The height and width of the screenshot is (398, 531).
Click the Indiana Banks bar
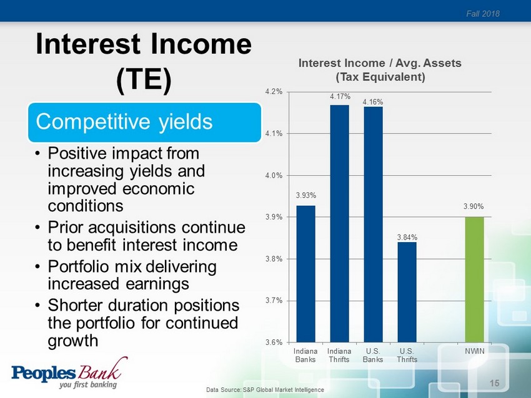coord(306,274)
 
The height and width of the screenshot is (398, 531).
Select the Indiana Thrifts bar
coord(340,223)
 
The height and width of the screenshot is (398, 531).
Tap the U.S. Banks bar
coord(373,225)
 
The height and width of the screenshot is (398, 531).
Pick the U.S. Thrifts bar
coord(407,292)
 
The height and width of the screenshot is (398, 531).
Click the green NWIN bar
coord(474,279)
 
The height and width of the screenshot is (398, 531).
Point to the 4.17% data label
coord(340,97)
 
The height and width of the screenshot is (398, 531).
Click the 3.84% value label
coord(407,238)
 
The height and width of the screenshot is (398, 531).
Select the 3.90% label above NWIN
coord(474,206)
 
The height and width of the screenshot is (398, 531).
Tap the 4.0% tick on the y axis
coord(274,175)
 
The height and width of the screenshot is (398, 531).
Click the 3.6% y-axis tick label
coord(274,342)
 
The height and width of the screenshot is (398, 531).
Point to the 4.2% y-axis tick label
coord(274,92)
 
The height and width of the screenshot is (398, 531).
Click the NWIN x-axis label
coord(474,351)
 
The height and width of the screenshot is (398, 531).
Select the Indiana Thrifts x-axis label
coord(339,355)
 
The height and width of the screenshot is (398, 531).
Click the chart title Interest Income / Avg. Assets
coord(380,63)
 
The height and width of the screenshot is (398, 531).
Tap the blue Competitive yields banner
coord(144,122)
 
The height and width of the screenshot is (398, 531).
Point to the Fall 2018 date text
coord(482,14)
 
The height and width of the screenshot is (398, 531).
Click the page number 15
coord(494,383)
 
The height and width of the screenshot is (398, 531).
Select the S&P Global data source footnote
coord(265,389)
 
